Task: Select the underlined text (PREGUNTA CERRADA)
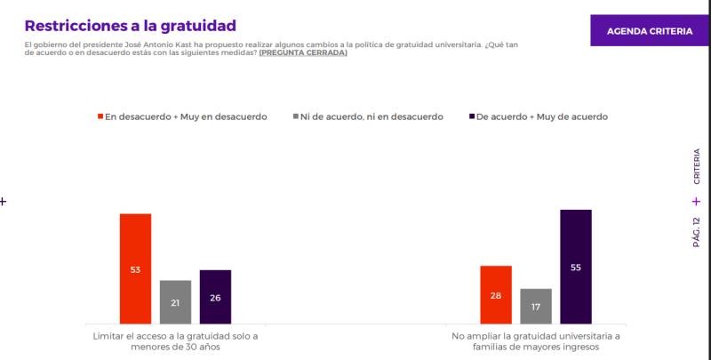pos(303,52)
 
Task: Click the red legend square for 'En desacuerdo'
pos(100,116)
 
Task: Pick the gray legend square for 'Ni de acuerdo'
pos(294,116)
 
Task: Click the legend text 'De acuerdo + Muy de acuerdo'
pos(542,116)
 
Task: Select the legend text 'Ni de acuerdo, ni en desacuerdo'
pos(372,116)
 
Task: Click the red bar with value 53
pos(135,268)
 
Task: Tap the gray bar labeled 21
pos(175,301)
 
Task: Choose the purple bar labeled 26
pos(215,296)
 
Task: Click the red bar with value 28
pos(495,293)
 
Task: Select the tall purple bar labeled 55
pos(576,266)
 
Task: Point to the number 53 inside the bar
pos(135,269)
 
